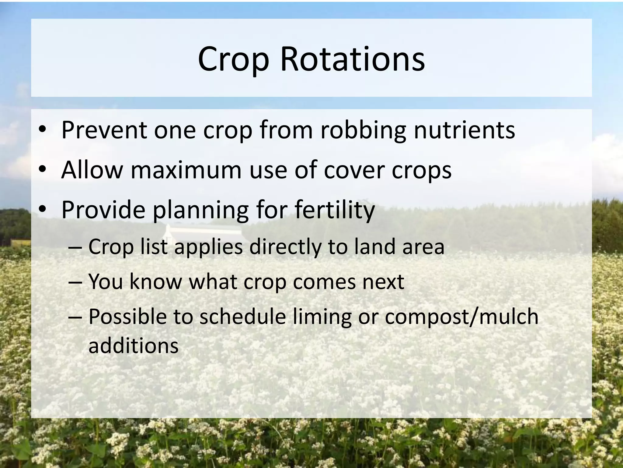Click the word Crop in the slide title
234,60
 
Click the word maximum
186,170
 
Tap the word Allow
92,170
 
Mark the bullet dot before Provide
42,209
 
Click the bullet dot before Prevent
42,129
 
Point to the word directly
285,247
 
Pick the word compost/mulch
461,317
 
